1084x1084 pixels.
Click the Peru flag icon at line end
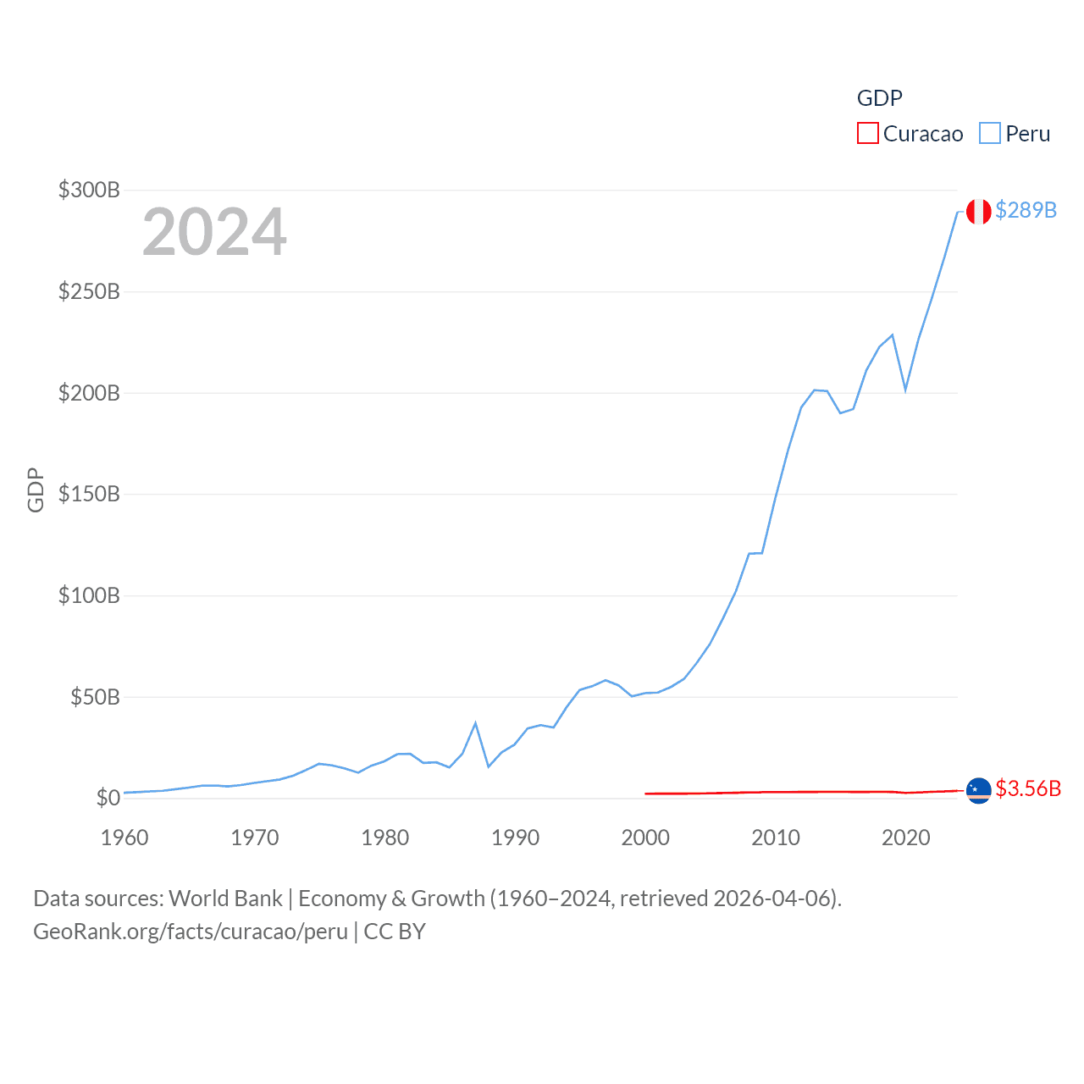pyautogui.click(x=978, y=212)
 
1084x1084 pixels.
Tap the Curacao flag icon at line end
pyautogui.click(x=978, y=790)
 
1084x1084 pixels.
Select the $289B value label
pyautogui.click(x=1026, y=210)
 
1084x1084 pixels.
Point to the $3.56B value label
pyautogui.click(x=1028, y=788)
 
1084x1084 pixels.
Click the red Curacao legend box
pyautogui.click(x=868, y=133)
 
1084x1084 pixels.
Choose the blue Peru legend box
pyautogui.click(x=989, y=133)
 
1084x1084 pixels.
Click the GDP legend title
pyautogui.click(x=879, y=98)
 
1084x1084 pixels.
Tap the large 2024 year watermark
pyautogui.click(x=214, y=232)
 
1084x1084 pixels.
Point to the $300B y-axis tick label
pyautogui.click(x=89, y=190)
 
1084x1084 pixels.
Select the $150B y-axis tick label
pyautogui.click(x=89, y=494)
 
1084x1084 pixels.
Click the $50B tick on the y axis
pyautogui.click(x=95, y=697)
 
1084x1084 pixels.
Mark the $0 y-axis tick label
pyautogui.click(x=108, y=798)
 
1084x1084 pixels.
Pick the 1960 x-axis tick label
pyautogui.click(x=124, y=838)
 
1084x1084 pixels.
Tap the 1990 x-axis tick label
pyautogui.click(x=515, y=838)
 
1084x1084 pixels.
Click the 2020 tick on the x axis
pyautogui.click(x=905, y=838)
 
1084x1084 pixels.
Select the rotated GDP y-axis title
pyautogui.click(x=36, y=489)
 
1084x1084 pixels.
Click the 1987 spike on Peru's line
pyautogui.click(x=476, y=723)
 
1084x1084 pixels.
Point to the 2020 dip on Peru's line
pyautogui.click(x=905, y=390)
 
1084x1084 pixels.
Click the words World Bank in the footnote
pyautogui.click(x=226, y=898)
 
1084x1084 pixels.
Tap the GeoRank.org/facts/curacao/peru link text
pyautogui.click(x=191, y=932)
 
